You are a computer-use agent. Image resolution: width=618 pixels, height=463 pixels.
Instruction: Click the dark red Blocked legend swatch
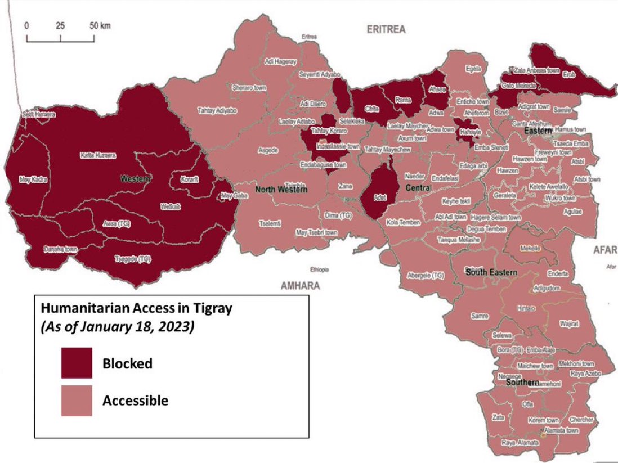(x=77, y=363)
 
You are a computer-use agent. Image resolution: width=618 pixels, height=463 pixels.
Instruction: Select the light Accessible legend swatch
(x=77, y=401)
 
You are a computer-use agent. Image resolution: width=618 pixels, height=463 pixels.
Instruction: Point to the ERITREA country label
(x=386, y=30)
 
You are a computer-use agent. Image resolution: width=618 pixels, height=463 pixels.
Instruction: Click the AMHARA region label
(x=300, y=286)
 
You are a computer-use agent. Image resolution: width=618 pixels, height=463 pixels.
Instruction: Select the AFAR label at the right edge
(x=605, y=249)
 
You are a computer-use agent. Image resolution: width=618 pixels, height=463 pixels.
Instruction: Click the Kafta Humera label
(x=98, y=155)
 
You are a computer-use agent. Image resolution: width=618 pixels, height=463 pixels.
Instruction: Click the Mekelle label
(x=530, y=248)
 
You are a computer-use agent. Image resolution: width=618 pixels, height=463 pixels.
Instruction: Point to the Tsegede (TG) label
(x=133, y=259)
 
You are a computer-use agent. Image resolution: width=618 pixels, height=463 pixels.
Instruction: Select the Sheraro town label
(x=249, y=88)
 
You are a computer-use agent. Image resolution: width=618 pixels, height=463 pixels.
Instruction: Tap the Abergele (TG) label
(x=425, y=276)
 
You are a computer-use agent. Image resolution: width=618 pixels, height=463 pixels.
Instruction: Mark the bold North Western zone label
(x=281, y=190)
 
